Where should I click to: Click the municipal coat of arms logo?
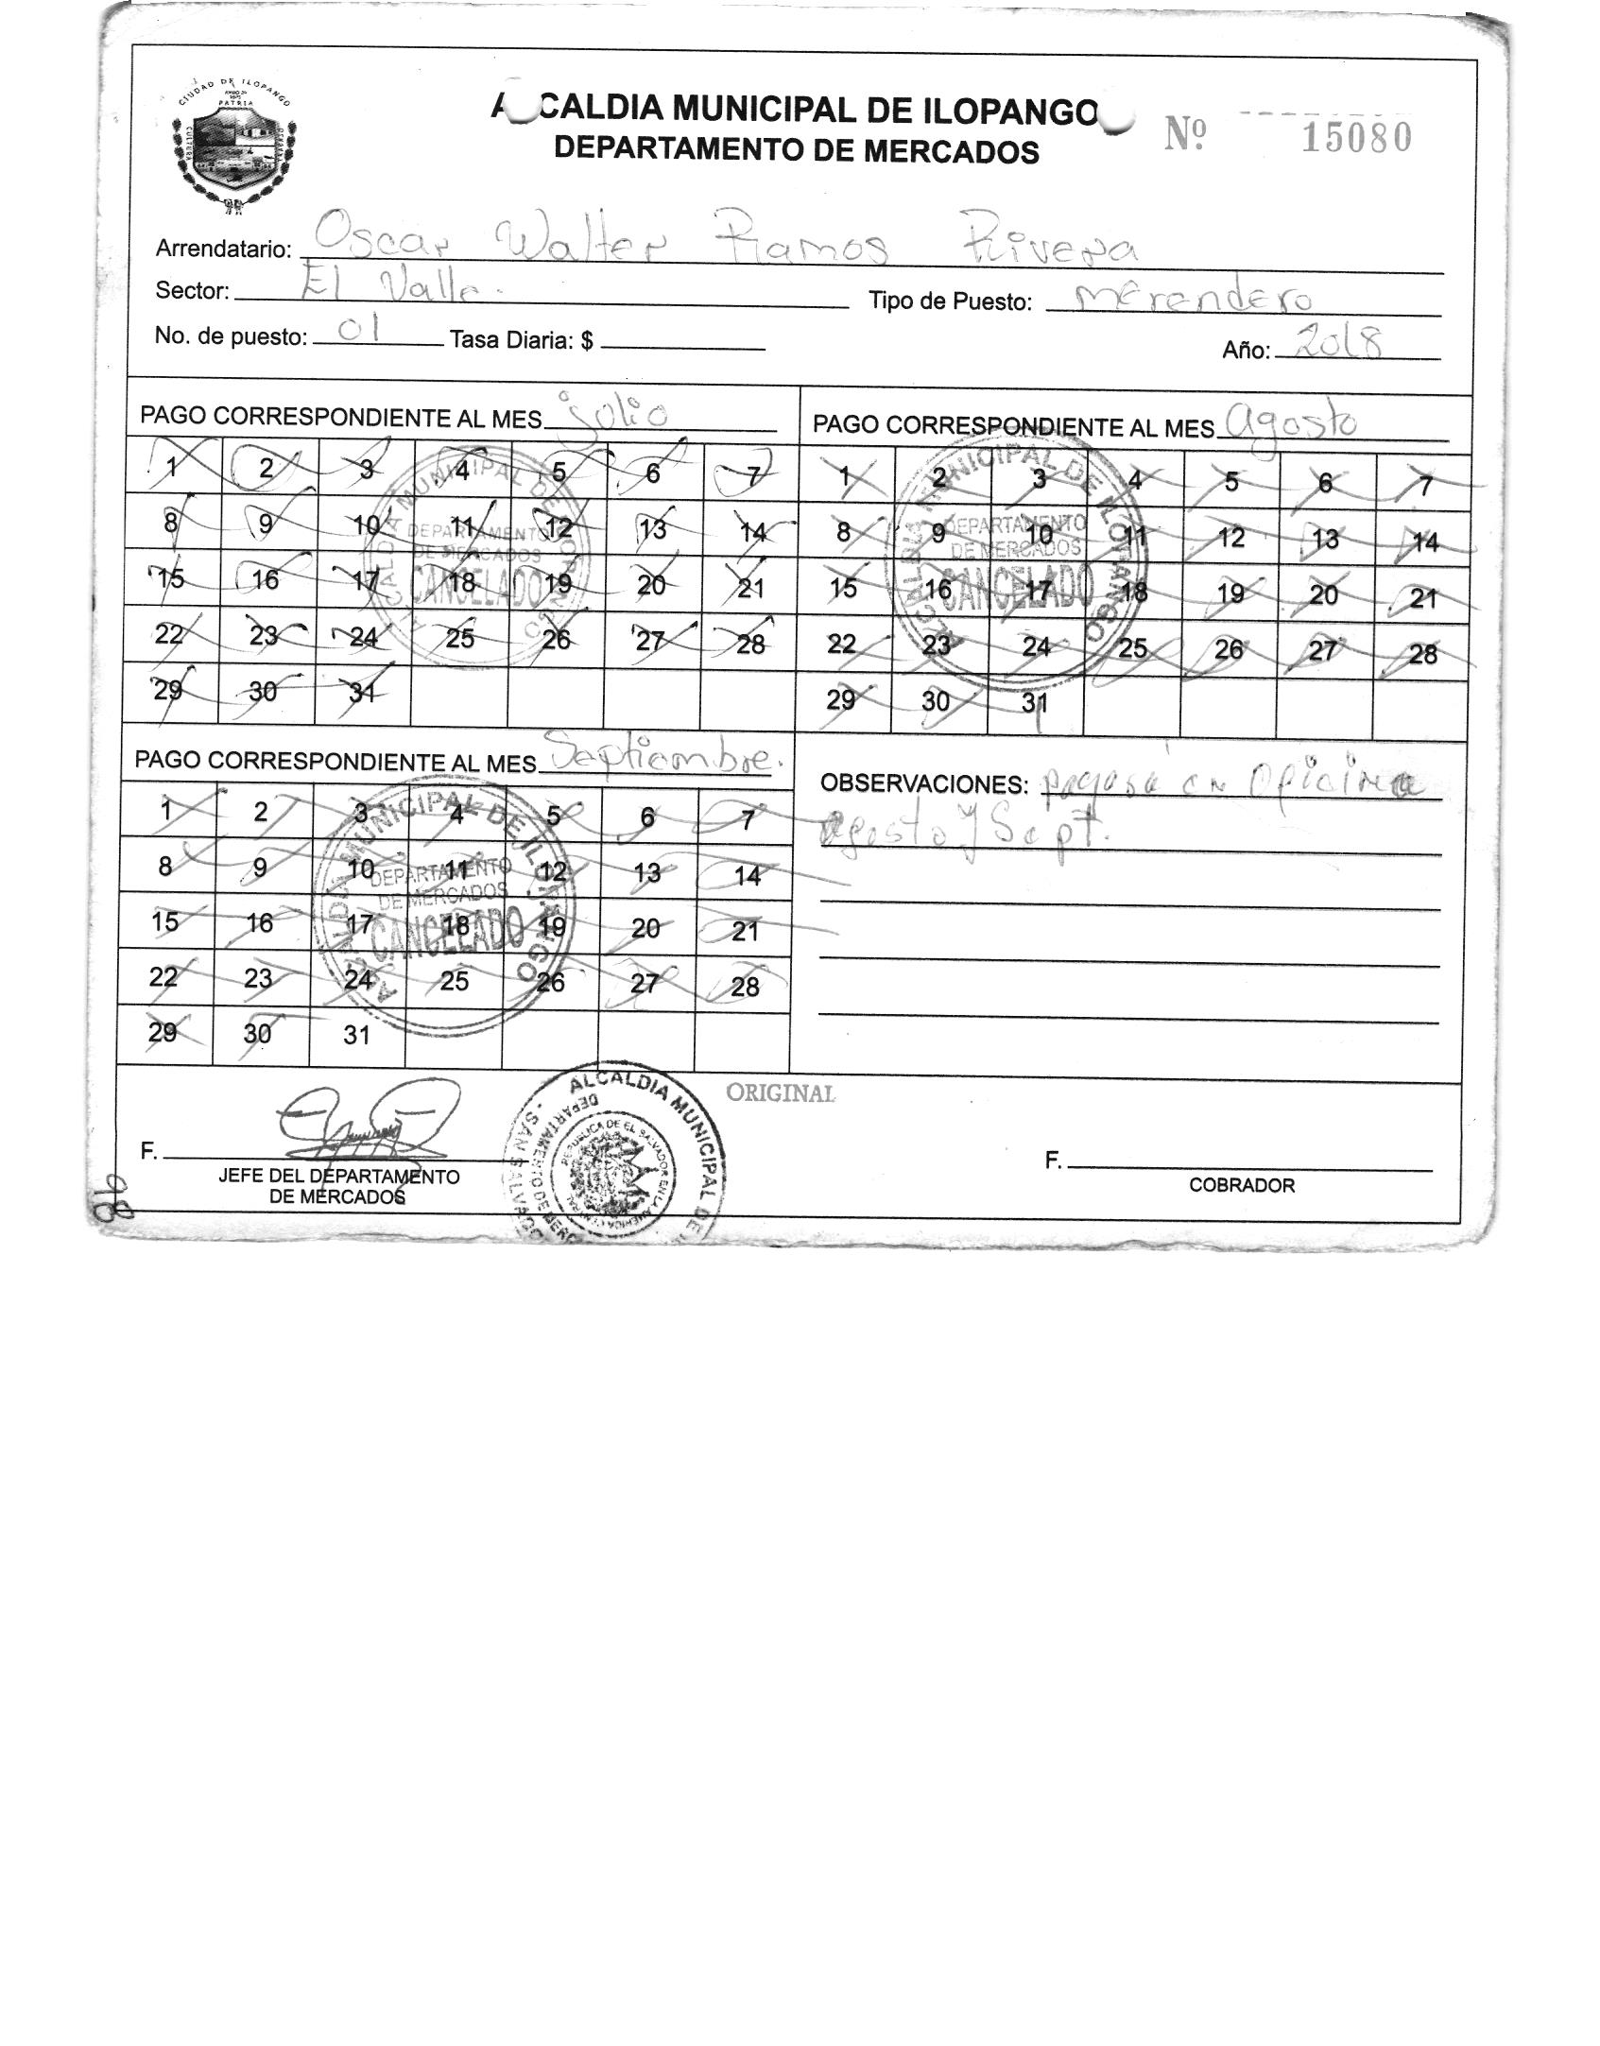click(x=234, y=142)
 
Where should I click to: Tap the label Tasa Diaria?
click(x=522, y=340)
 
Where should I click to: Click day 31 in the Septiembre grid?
click(x=356, y=1035)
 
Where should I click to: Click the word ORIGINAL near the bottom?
click(x=781, y=1093)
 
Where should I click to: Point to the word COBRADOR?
click(x=1242, y=1185)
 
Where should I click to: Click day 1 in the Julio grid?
click(x=173, y=466)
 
